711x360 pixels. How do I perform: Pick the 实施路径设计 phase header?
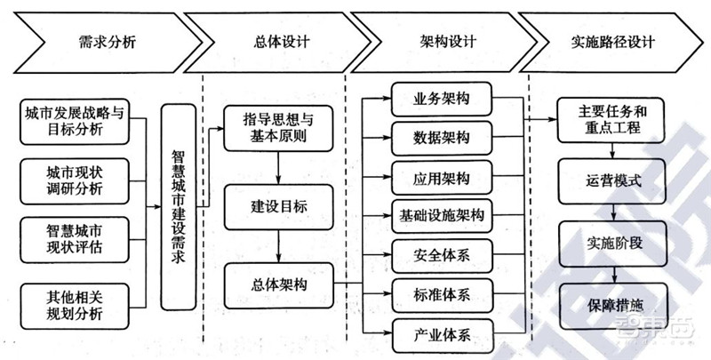[x=613, y=41]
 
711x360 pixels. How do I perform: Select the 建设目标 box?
[x=278, y=204]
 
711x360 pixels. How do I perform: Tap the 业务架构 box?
[x=442, y=98]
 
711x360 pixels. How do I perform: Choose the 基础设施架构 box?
[x=442, y=214]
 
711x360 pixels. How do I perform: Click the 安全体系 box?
[x=442, y=254]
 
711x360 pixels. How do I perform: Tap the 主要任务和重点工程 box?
[x=612, y=121]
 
